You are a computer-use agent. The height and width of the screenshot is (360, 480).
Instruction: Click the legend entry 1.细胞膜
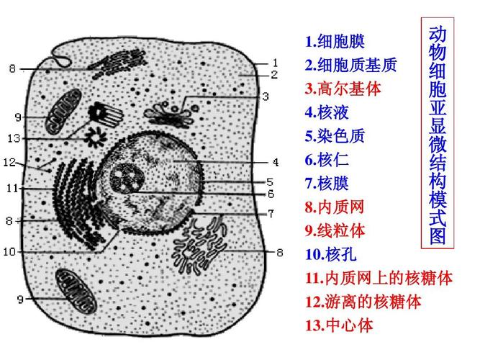point(334,42)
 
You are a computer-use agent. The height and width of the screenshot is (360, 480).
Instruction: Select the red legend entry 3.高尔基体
point(343,89)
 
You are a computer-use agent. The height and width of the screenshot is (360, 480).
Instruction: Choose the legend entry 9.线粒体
point(334,231)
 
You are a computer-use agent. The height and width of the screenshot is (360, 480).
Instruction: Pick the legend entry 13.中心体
point(339,325)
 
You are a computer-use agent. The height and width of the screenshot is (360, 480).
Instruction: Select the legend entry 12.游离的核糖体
point(363,301)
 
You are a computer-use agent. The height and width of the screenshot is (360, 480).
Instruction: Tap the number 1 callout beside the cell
point(274,63)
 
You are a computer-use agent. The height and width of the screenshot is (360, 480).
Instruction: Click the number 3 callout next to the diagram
point(265,96)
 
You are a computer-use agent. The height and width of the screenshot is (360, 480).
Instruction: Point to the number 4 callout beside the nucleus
point(275,162)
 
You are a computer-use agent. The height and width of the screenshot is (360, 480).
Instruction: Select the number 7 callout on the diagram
point(271,213)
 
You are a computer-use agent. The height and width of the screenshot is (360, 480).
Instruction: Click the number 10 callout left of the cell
point(9,252)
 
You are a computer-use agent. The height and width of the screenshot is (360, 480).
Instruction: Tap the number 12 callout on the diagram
point(9,163)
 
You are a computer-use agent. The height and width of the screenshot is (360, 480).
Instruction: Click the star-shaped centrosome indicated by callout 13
point(93,135)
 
